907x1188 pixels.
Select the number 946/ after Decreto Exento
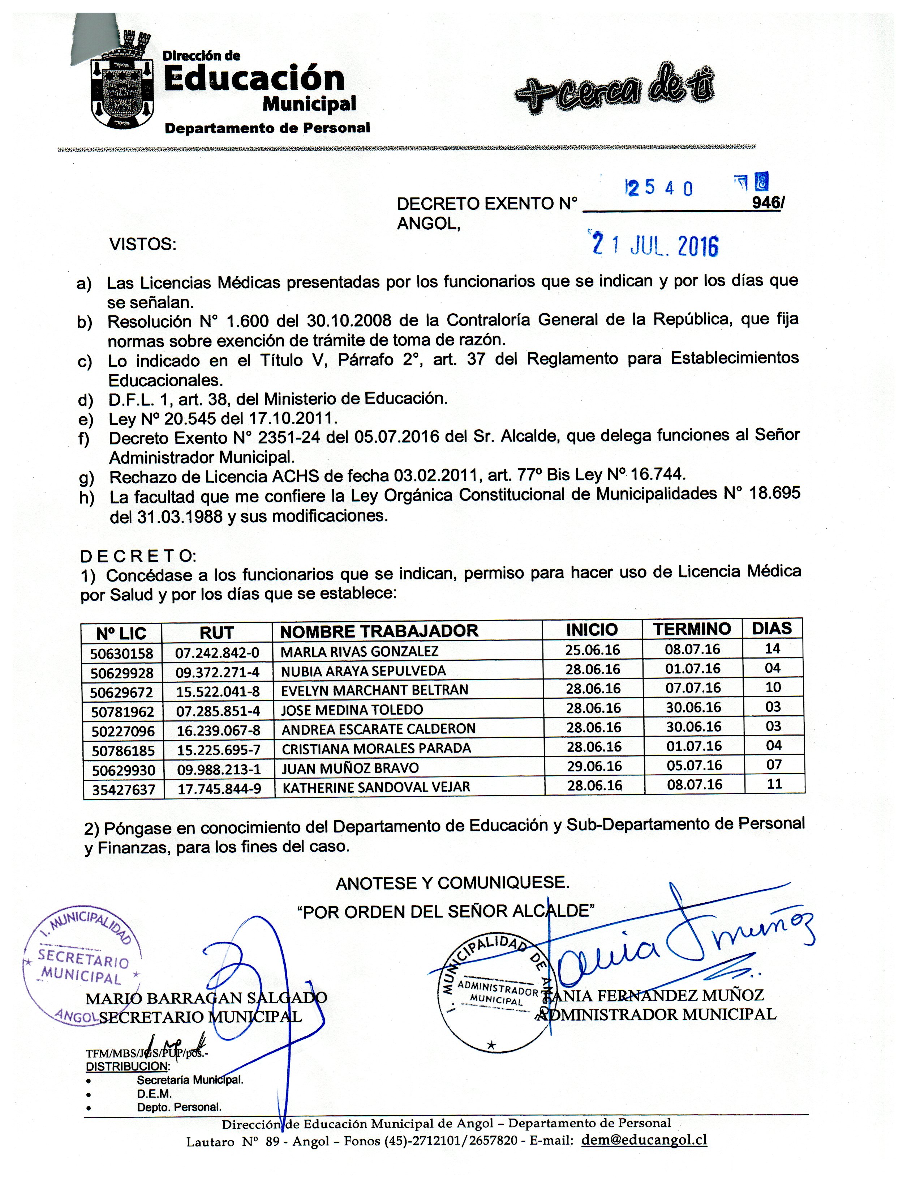click(768, 202)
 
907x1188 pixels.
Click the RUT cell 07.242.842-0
click(217, 653)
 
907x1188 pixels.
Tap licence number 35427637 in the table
click(123, 789)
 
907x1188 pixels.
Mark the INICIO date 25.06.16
click(592, 650)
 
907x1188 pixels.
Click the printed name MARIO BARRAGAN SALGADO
click(206, 998)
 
